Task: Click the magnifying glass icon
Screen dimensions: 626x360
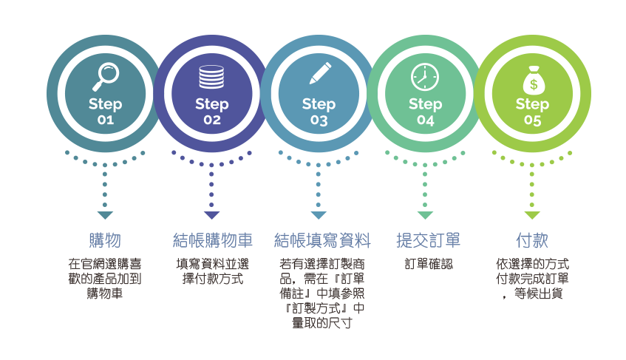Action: point(105,75)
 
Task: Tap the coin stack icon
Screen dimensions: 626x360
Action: point(212,76)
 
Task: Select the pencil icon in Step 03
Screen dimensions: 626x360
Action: point(319,75)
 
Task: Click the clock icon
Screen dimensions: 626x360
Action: point(425,76)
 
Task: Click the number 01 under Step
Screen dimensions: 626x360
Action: point(105,120)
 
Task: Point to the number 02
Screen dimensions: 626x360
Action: point(212,120)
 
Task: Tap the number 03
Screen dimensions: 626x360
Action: point(319,120)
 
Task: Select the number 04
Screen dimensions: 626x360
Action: point(425,120)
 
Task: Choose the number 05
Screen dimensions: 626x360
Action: point(532,120)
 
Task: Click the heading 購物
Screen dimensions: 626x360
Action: point(105,241)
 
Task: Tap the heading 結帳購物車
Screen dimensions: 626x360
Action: point(212,241)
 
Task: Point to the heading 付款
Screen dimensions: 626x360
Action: point(532,241)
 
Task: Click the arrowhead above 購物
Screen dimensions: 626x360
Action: point(105,215)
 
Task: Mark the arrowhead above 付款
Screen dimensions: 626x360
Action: point(532,215)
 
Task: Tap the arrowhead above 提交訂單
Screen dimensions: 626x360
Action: point(425,215)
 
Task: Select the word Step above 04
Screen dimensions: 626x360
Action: point(425,104)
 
